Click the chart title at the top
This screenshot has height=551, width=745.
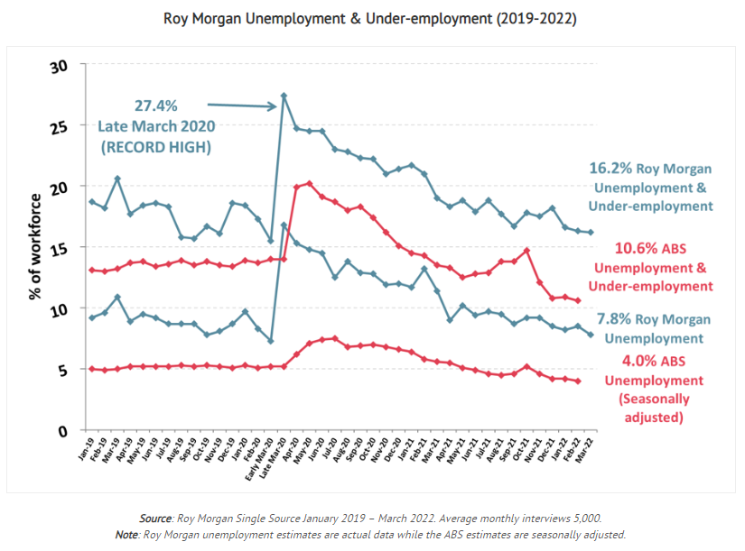(x=370, y=18)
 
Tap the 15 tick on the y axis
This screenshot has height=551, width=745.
(x=59, y=247)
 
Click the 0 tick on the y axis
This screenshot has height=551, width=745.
(x=63, y=430)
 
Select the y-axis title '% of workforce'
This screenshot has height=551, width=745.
(x=35, y=245)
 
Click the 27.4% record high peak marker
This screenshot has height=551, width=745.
(x=284, y=96)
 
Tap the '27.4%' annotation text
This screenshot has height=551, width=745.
(x=162, y=106)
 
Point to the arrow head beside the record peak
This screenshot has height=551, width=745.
(x=274, y=106)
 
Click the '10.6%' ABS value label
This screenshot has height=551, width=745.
(x=613, y=248)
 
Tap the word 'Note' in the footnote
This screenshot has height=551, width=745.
(x=127, y=534)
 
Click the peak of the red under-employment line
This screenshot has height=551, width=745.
(x=310, y=183)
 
